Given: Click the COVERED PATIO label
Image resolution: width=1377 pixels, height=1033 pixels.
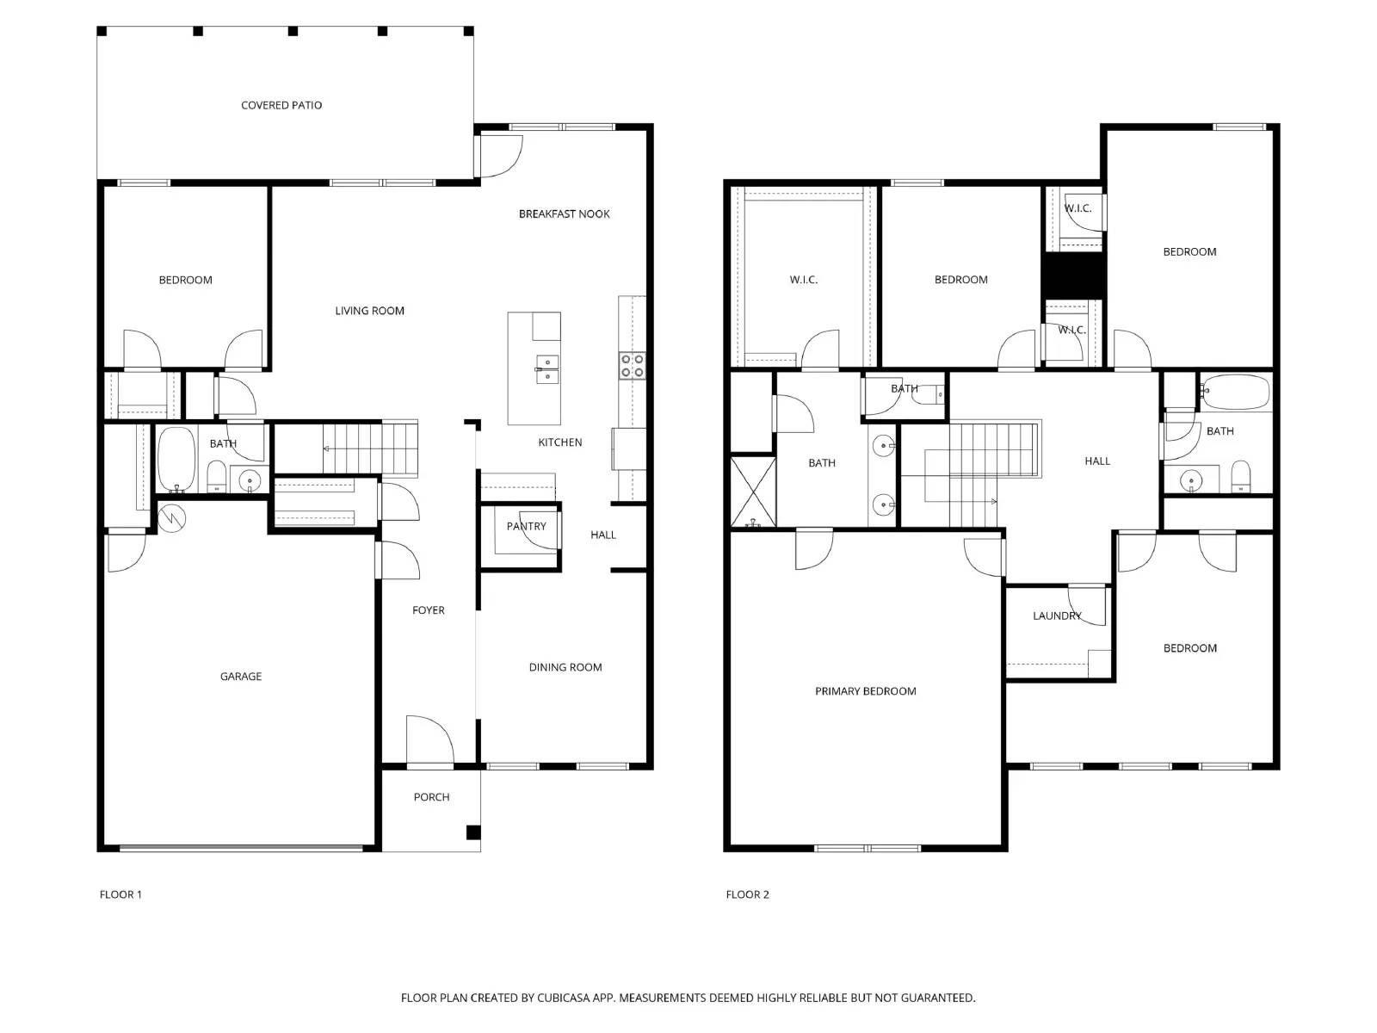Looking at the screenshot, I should (281, 105).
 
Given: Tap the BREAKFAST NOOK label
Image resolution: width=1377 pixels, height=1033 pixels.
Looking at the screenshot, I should (564, 213).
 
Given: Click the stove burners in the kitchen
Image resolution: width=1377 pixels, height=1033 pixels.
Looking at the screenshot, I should (632, 366).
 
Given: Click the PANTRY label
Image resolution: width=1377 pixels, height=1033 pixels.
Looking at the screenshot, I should (526, 526).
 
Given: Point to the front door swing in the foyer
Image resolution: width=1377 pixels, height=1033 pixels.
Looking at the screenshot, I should (429, 739).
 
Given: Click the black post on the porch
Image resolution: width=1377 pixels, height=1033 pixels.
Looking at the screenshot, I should (473, 832).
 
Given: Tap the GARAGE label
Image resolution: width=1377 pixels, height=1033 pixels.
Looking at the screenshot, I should (241, 677).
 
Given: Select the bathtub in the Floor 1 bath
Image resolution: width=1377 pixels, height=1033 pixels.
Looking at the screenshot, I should (176, 460).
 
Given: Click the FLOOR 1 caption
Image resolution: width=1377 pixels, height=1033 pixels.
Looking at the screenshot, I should (120, 894).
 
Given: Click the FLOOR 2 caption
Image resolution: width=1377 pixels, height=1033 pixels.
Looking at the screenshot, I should (747, 894).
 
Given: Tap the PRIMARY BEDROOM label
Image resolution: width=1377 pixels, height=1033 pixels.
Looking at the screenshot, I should (865, 691).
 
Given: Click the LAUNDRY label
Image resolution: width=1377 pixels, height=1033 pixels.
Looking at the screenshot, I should (1056, 615).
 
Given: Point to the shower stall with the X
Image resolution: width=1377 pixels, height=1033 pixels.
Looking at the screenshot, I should (753, 492).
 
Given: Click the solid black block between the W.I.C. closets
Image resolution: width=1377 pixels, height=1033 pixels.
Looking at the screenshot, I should (1073, 275).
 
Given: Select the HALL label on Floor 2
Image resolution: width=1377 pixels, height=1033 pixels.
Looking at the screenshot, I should (1097, 461).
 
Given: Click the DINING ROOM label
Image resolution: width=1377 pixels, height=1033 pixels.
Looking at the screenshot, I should (565, 667).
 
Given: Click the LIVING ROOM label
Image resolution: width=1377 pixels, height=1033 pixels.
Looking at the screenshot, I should (369, 311).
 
